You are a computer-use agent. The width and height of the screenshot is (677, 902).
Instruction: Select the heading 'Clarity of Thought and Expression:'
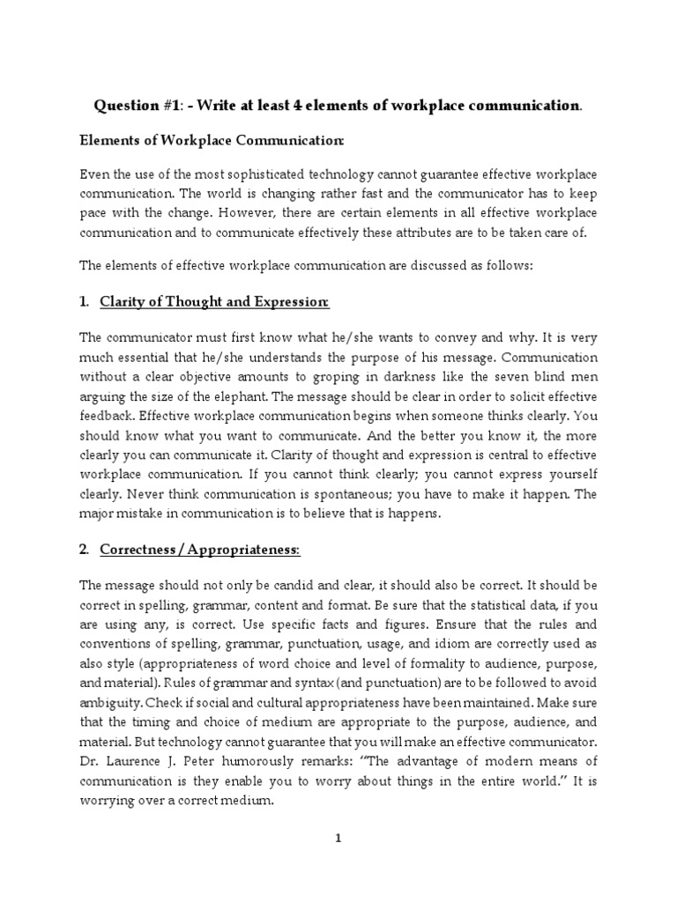pos(214,302)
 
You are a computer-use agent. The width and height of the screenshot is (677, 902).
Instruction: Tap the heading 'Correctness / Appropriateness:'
pos(200,550)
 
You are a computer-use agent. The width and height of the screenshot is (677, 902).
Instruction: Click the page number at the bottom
pos(338,839)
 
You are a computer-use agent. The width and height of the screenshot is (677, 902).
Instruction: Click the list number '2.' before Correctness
pos(85,550)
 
